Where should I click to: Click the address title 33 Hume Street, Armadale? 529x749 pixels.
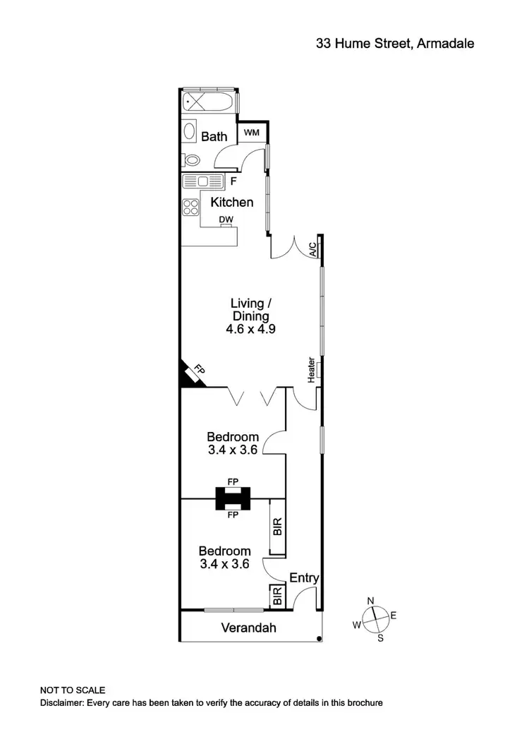coord(394,43)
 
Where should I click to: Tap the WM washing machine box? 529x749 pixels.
coord(252,132)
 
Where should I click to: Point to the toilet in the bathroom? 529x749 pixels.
coord(189,159)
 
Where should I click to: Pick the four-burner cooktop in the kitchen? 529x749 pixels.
coord(191,207)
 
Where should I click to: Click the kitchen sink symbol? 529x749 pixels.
coord(202,181)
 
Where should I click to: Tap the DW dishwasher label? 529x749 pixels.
coord(226,220)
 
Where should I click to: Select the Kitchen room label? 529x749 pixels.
coord(232,203)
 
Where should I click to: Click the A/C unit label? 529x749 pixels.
coord(312,248)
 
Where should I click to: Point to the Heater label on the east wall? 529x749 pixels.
coord(311,371)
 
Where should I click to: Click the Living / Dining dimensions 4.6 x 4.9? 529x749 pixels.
coord(250,329)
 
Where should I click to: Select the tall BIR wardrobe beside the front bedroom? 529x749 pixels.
coord(277,527)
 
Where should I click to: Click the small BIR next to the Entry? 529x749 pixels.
coord(276,597)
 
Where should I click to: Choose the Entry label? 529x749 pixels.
coord(305,578)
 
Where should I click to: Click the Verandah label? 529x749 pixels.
coord(248,628)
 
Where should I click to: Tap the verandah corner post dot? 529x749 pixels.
coord(320,639)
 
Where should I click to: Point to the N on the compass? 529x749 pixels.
coord(370,601)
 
